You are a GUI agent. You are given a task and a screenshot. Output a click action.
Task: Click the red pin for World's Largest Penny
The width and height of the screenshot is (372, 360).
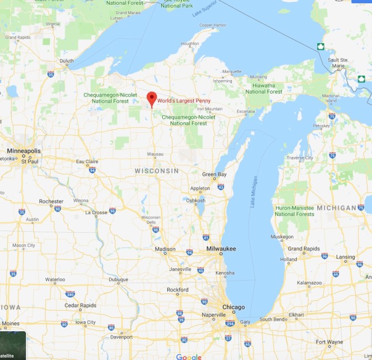coord(151,99)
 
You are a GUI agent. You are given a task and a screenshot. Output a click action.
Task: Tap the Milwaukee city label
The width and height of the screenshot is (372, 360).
coord(221,249)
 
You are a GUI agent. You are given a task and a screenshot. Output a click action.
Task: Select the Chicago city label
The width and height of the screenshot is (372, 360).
coord(233,307)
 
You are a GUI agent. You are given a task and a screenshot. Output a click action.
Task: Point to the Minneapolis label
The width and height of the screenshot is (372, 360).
coord(24,150)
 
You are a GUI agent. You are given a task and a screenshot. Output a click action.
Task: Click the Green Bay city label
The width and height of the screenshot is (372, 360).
coord(214,174)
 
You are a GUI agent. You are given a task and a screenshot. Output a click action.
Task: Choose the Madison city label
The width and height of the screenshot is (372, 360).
coord(164,249)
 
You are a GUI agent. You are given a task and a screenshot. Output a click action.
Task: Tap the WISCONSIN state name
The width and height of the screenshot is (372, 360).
coord(157,171)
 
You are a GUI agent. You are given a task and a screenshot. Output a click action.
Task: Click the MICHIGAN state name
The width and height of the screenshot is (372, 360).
coord(337,207)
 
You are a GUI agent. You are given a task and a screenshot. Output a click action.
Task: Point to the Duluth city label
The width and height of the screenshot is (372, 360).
coord(66,61)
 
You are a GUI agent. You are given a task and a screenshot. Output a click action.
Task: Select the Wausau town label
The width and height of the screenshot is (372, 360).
coord(155,153)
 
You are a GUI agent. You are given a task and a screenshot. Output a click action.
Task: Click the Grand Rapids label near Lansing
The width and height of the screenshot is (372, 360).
coord(302,248)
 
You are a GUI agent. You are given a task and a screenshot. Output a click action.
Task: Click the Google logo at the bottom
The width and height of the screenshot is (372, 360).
coord(189,357)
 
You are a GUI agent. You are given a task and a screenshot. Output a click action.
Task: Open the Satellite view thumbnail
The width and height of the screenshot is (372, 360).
coord(12,346)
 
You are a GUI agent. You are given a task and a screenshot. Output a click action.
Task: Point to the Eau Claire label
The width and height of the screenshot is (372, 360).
coord(87,161)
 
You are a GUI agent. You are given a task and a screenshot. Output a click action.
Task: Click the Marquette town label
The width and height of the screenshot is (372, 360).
coord(231,71)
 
